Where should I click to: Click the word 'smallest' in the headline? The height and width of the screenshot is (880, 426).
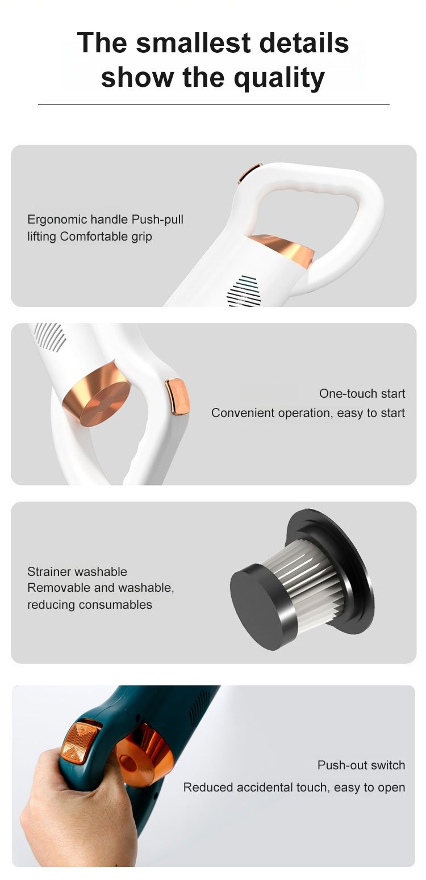click(x=193, y=43)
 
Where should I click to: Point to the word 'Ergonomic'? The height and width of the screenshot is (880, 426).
click(x=57, y=220)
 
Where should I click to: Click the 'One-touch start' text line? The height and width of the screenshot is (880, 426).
click(x=362, y=393)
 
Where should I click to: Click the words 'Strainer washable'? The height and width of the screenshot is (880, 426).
click(x=77, y=571)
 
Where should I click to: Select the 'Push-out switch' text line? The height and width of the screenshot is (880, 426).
click(x=361, y=765)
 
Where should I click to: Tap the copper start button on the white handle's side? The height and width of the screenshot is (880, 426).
click(x=177, y=397)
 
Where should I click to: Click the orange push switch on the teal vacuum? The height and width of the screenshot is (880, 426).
click(x=80, y=739)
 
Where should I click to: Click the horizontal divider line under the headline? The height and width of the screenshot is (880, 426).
click(x=214, y=104)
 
